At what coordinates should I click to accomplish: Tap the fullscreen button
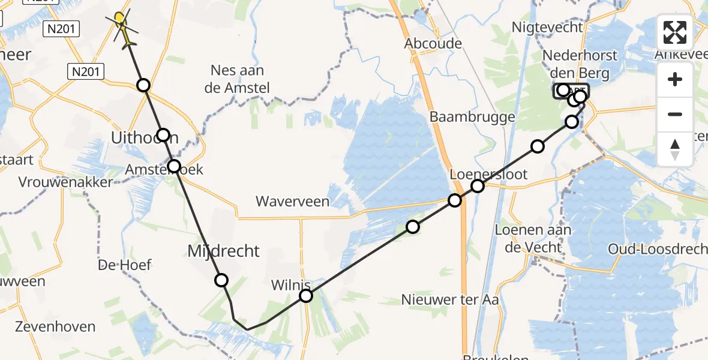[675, 32]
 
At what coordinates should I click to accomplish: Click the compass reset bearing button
[675, 149]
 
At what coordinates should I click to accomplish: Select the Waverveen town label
[292, 202]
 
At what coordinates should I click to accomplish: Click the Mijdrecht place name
[224, 251]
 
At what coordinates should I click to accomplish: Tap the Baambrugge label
[472, 117]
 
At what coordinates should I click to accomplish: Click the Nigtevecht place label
[547, 27]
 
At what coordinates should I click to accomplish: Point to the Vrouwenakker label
[66, 182]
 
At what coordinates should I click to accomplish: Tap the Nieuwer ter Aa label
[442, 299]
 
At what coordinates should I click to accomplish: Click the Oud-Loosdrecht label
[658, 249]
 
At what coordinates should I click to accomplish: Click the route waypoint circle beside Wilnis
[306, 296]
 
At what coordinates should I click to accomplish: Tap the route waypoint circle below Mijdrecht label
[221, 280]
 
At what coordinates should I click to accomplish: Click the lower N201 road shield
[86, 72]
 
